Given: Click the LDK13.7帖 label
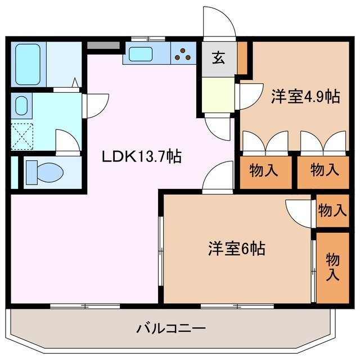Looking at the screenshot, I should (x=141, y=157).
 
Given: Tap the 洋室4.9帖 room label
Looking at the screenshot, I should (x=305, y=97).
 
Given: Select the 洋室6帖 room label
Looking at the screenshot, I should (x=237, y=248).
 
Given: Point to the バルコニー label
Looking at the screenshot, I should (x=170, y=327).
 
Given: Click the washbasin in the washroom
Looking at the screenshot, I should (x=21, y=106).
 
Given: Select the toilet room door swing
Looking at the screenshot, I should (x=67, y=142).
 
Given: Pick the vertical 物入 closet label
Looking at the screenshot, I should (x=332, y=267).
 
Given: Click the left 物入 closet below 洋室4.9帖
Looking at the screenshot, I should (x=267, y=170).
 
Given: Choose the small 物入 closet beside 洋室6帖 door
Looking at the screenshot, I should (x=332, y=210).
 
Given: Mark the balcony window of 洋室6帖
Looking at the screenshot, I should (x=237, y=306).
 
